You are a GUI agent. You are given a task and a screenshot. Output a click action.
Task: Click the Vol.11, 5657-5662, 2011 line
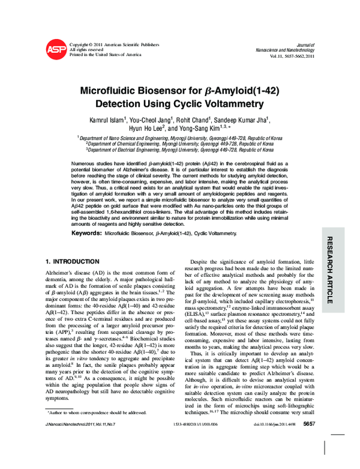coord(284,56)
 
